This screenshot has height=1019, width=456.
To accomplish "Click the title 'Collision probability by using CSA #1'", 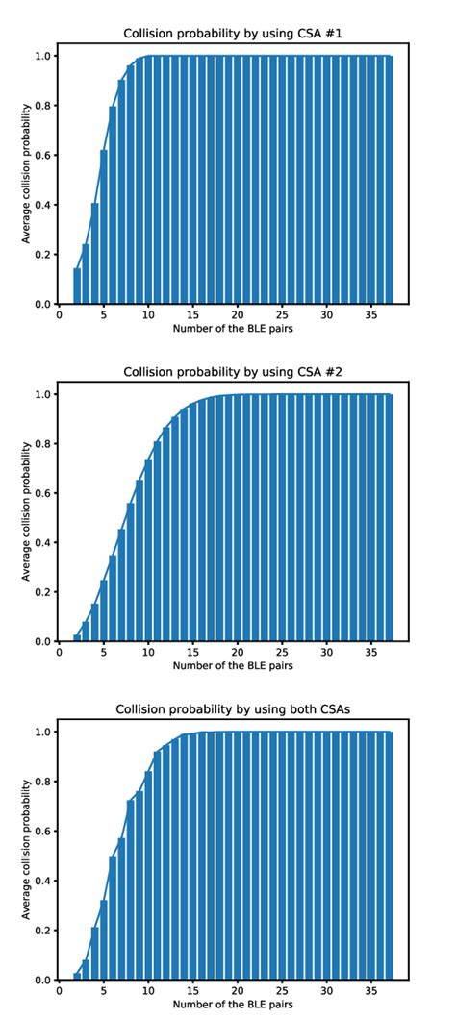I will click(x=233, y=35).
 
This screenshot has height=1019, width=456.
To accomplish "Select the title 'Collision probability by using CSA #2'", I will click(x=233, y=372).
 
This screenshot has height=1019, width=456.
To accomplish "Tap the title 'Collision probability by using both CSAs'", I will click(x=233, y=709).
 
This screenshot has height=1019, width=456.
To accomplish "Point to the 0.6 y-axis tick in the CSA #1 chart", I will click(x=45, y=155).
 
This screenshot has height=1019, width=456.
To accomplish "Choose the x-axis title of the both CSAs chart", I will click(x=233, y=1006).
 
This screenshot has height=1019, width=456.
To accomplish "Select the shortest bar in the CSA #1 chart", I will click(x=77, y=286).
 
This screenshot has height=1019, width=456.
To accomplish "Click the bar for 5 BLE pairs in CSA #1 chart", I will click(x=104, y=227).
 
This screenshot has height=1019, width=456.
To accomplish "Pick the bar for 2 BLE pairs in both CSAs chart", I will click(x=77, y=977).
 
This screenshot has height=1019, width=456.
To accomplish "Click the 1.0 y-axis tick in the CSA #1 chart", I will click(x=45, y=56).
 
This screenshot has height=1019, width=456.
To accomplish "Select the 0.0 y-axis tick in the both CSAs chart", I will click(x=45, y=980).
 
